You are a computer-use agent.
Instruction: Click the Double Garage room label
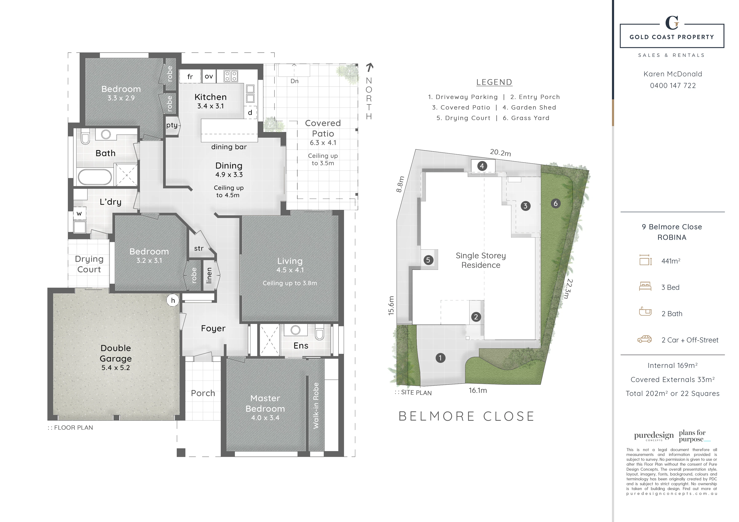116,353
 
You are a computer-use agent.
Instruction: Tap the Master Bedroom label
265,403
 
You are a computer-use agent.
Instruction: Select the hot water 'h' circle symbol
173,300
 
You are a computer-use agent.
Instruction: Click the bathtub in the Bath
95,177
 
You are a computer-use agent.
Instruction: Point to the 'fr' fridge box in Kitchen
190,76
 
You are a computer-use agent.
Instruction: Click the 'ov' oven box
209,76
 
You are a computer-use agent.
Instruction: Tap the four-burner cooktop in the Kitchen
231,76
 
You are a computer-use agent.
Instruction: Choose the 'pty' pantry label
172,125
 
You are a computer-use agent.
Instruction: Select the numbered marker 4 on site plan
482,166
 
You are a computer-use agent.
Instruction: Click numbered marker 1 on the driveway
440,358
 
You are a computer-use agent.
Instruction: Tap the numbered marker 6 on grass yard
556,203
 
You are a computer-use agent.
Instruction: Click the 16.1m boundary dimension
478,390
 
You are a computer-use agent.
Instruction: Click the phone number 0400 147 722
673,85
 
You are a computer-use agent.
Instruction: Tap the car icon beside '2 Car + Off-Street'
644,339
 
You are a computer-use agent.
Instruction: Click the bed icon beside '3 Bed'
645,286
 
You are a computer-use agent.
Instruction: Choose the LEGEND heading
494,82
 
